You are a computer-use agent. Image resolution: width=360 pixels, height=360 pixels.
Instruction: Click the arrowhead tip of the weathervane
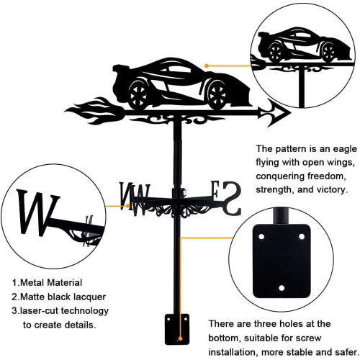pos(290,112)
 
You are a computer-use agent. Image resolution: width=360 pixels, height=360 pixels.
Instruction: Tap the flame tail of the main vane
pos(95,111)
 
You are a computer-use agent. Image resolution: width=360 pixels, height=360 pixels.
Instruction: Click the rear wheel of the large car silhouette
pos(138,94)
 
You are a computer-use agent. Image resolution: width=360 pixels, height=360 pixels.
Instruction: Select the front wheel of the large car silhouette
pos(217,94)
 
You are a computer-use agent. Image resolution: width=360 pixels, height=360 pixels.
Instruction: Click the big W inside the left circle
pos(37,212)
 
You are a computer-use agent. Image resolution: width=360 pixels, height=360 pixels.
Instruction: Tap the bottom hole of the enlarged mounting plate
pos(282,288)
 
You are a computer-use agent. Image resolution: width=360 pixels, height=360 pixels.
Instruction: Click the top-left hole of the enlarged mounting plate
pos(261,237)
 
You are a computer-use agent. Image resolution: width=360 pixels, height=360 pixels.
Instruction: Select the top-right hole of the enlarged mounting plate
pos(302,237)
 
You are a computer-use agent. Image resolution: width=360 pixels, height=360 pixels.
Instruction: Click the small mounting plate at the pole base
pos(177,329)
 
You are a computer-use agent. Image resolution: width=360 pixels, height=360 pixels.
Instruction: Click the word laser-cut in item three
pos(39,311)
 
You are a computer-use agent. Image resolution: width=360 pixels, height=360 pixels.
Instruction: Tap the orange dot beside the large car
pos(207,66)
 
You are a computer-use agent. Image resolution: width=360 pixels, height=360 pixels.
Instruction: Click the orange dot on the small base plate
pos(180,339)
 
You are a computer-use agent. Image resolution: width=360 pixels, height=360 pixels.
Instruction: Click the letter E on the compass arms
pos(215,189)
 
